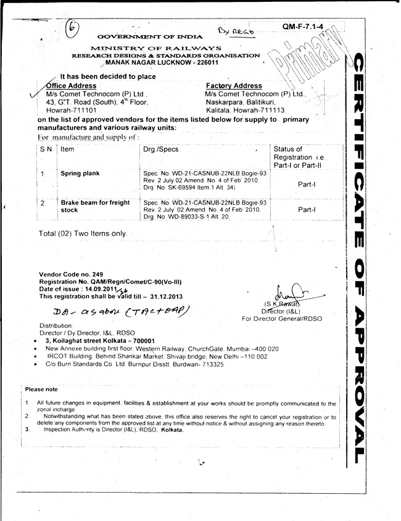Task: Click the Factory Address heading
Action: [234, 85]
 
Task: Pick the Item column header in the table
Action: [68, 149]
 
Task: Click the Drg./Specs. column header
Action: [160, 149]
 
